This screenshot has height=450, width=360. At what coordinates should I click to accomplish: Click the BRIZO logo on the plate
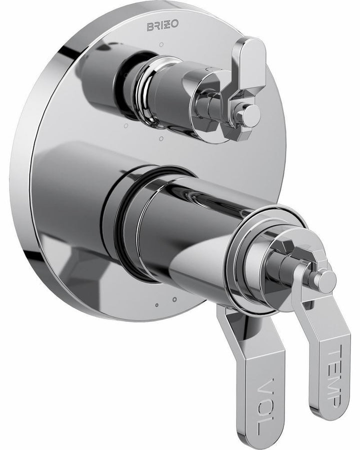(160, 25)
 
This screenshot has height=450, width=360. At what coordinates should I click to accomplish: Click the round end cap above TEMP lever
(325, 281)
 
